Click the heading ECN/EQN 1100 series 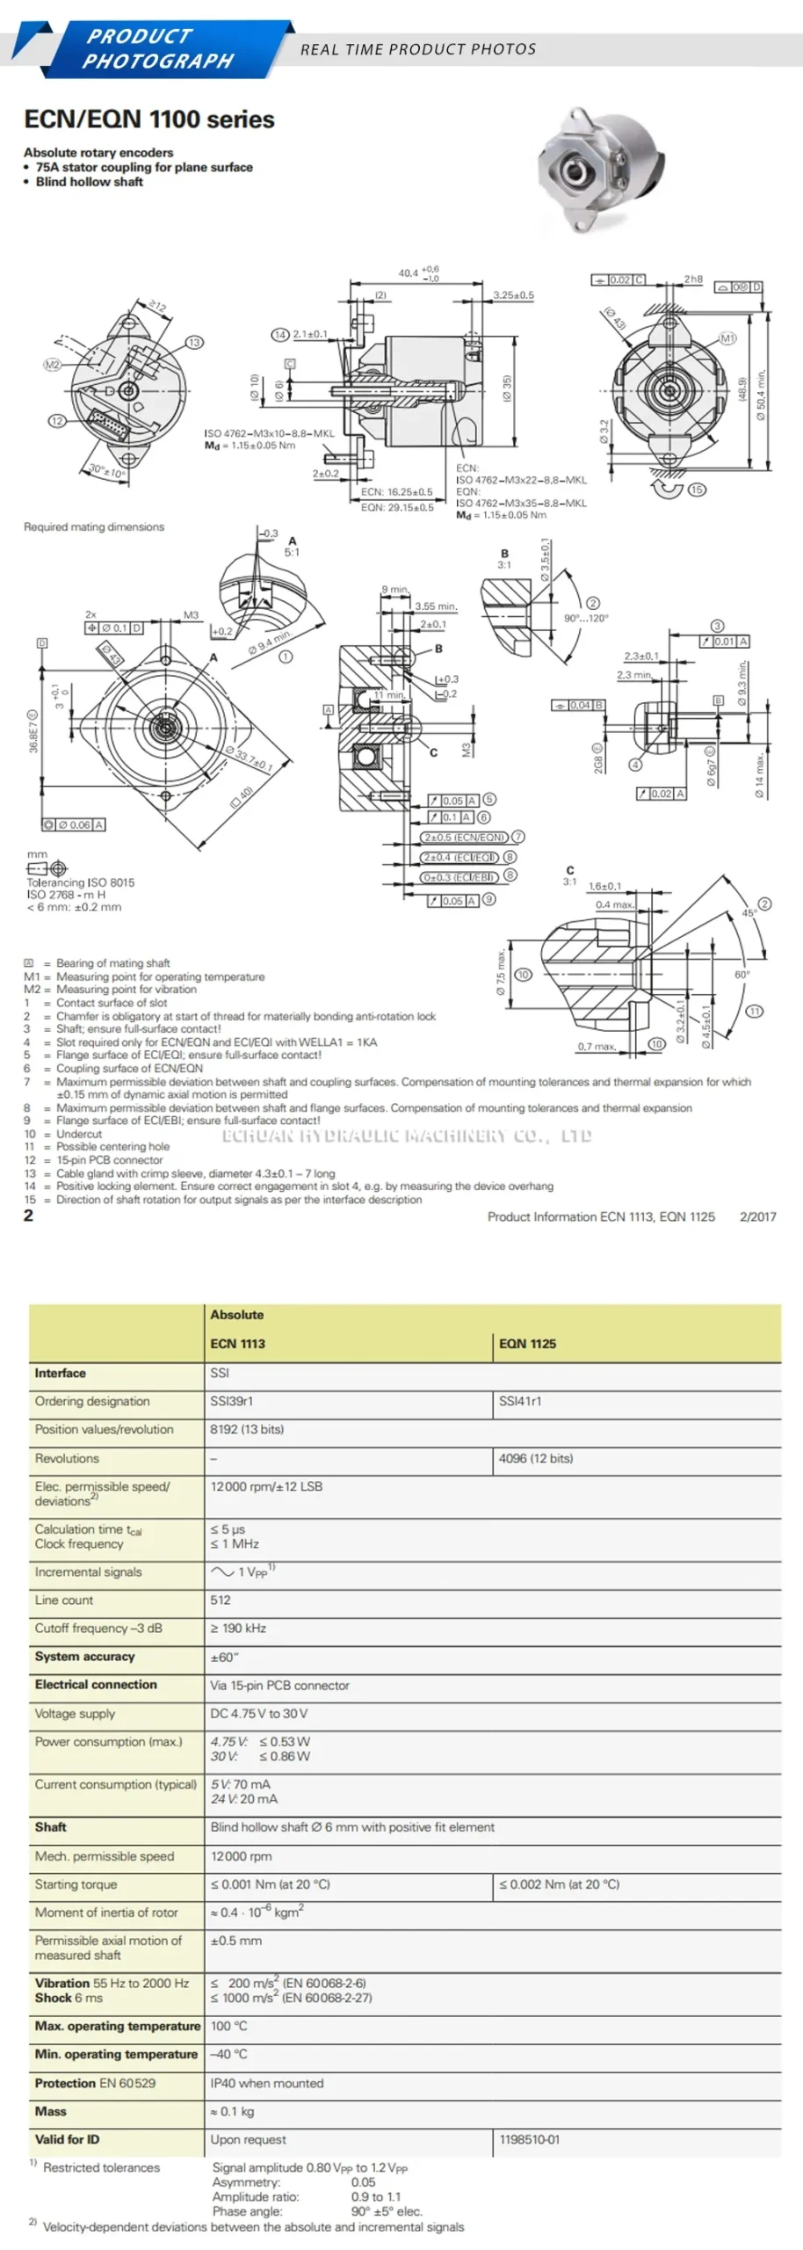(149, 120)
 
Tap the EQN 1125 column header (527, 1343)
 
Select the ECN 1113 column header (237, 1343)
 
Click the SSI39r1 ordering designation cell (231, 1401)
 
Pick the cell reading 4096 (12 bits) (536, 1458)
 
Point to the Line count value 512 (221, 1600)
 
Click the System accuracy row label (84, 1656)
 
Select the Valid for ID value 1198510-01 (529, 2139)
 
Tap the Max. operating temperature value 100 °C (228, 2026)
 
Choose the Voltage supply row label (75, 1713)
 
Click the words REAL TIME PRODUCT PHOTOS (418, 49)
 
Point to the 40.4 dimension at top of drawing (409, 273)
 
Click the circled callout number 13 (194, 342)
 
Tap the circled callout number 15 (697, 490)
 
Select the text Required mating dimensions (94, 526)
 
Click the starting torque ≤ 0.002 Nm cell (560, 1884)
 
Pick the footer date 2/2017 (758, 1216)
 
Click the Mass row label (51, 2111)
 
